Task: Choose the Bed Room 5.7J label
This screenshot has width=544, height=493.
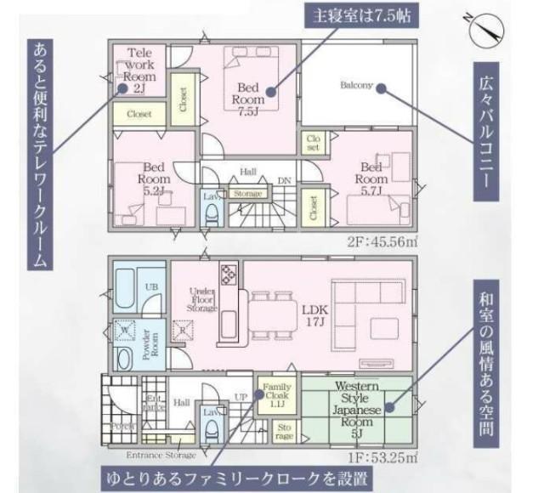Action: [x=371, y=179]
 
